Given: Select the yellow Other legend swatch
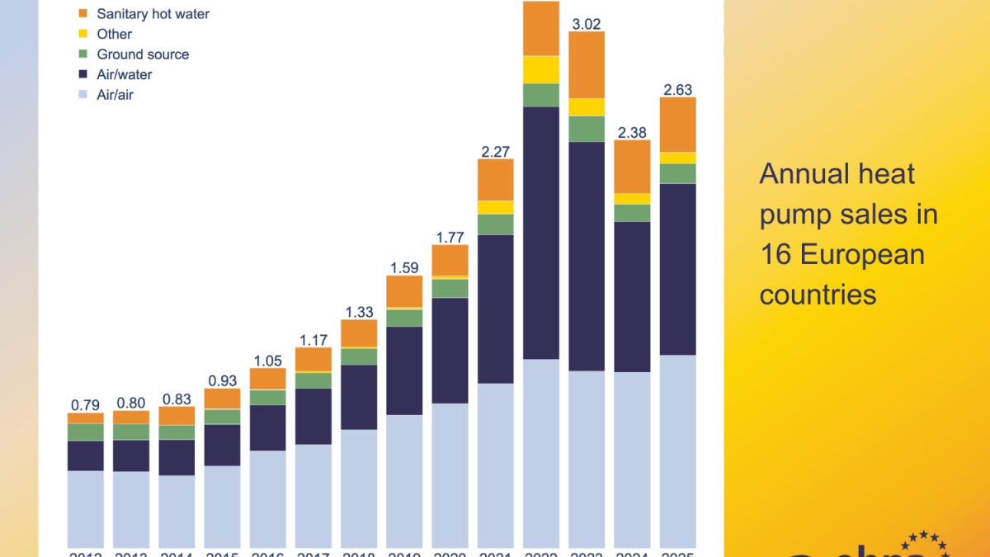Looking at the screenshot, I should (83, 35).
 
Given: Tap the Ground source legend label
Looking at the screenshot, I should (143, 54).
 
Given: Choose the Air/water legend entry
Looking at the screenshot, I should (124, 75).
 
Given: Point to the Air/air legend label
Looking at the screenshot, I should (115, 95).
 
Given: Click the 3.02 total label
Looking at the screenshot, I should (586, 23).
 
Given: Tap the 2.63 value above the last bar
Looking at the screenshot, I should (677, 90).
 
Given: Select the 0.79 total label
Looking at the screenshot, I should (85, 405).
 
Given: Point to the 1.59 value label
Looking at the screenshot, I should (404, 268).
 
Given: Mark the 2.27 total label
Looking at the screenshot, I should (495, 152).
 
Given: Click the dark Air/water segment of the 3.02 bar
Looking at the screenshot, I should (586, 256).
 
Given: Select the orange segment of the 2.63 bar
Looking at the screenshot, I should (677, 125).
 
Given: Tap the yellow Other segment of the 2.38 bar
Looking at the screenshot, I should (632, 199).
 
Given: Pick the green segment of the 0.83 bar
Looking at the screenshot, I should (177, 432).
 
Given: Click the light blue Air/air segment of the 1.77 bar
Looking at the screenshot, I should (450, 474).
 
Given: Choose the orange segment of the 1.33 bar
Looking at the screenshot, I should (359, 333).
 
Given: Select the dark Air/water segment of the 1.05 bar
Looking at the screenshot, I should (267, 427).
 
